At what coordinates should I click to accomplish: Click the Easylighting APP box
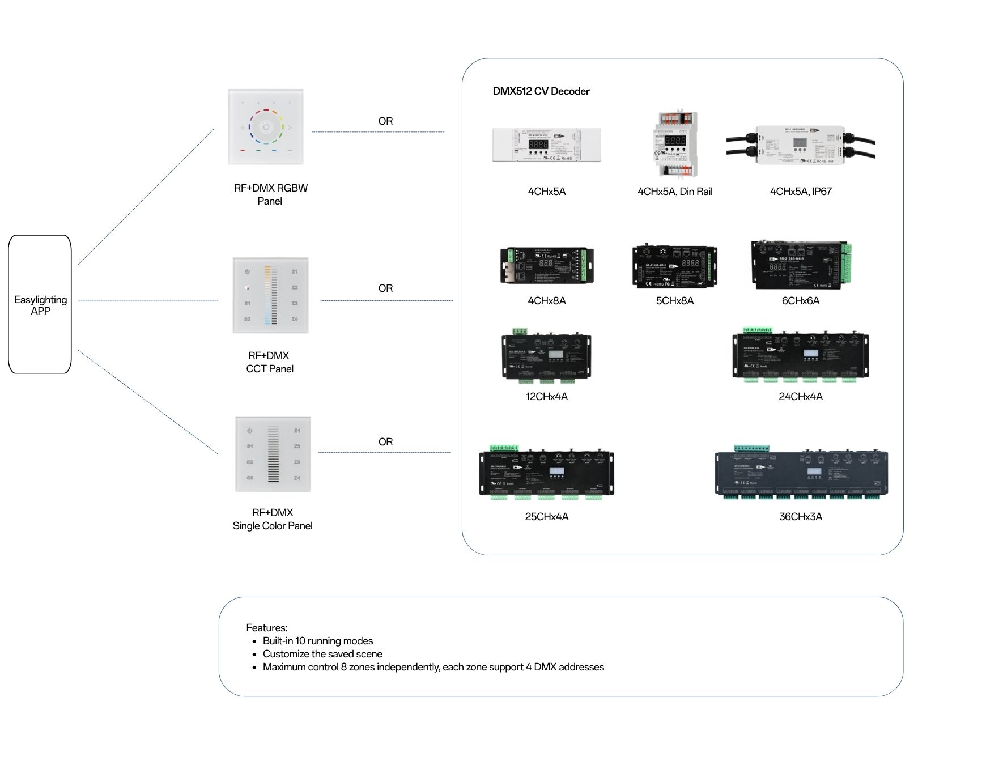[40, 304]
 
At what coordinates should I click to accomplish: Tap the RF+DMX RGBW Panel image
[266, 127]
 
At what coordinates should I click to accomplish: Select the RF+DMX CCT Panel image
[270, 295]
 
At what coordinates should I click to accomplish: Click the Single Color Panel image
[273, 454]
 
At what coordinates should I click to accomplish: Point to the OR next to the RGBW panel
[385, 121]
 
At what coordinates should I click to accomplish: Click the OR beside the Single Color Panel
[385, 442]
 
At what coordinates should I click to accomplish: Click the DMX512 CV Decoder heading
[541, 91]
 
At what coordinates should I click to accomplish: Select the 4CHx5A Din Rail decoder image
[675, 144]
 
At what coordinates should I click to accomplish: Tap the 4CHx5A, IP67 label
[800, 192]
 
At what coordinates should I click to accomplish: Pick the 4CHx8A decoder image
[546, 265]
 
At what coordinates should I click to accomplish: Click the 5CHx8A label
[674, 301]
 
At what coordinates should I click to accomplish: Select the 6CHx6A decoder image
[801, 265]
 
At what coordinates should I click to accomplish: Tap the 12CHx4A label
[546, 397]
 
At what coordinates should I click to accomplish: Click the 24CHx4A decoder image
[800, 356]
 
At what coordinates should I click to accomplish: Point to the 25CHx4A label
[546, 517]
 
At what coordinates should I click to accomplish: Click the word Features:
[266, 628]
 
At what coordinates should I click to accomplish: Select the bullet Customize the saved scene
[322, 654]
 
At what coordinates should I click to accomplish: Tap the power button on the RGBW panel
[266, 127]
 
